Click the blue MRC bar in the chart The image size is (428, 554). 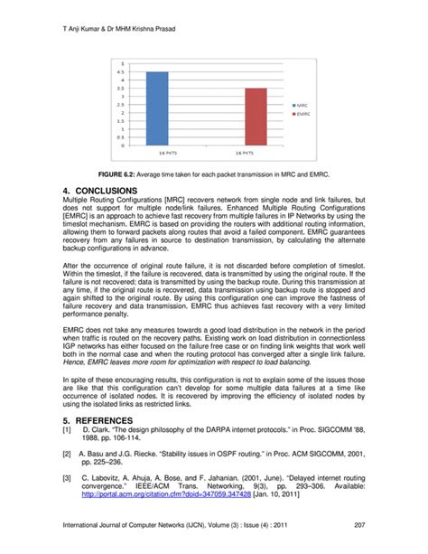click(x=157, y=108)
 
